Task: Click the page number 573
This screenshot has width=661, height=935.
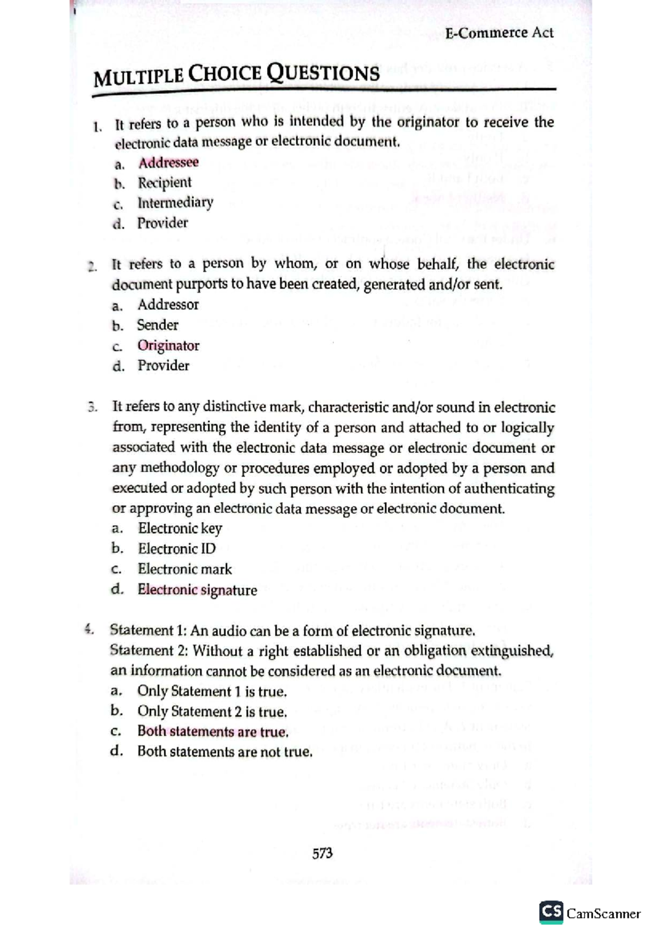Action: point(322,853)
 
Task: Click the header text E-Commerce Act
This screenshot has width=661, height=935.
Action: point(499,33)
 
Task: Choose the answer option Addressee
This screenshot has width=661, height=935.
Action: point(168,162)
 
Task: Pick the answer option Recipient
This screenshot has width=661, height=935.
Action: point(164,182)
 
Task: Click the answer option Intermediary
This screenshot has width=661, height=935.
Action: point(175,203)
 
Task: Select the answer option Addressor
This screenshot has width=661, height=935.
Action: point(168,305)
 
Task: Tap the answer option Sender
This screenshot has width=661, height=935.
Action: point(158,325)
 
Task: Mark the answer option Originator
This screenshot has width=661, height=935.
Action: point(168,345)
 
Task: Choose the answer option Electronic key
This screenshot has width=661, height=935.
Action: point(180,529)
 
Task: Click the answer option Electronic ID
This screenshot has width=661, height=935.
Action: point(176,548)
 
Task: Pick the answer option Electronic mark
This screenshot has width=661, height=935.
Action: point(185,569)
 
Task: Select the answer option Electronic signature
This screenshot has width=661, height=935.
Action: point(197,590)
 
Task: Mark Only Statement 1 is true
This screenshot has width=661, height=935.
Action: point(212,691)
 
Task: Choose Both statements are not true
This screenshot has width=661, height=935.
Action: point(225,752)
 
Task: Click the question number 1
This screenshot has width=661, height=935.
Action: point(97,127)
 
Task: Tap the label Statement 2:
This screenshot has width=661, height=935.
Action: point(149,651)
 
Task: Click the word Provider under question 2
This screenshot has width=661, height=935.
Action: point(163,366)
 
